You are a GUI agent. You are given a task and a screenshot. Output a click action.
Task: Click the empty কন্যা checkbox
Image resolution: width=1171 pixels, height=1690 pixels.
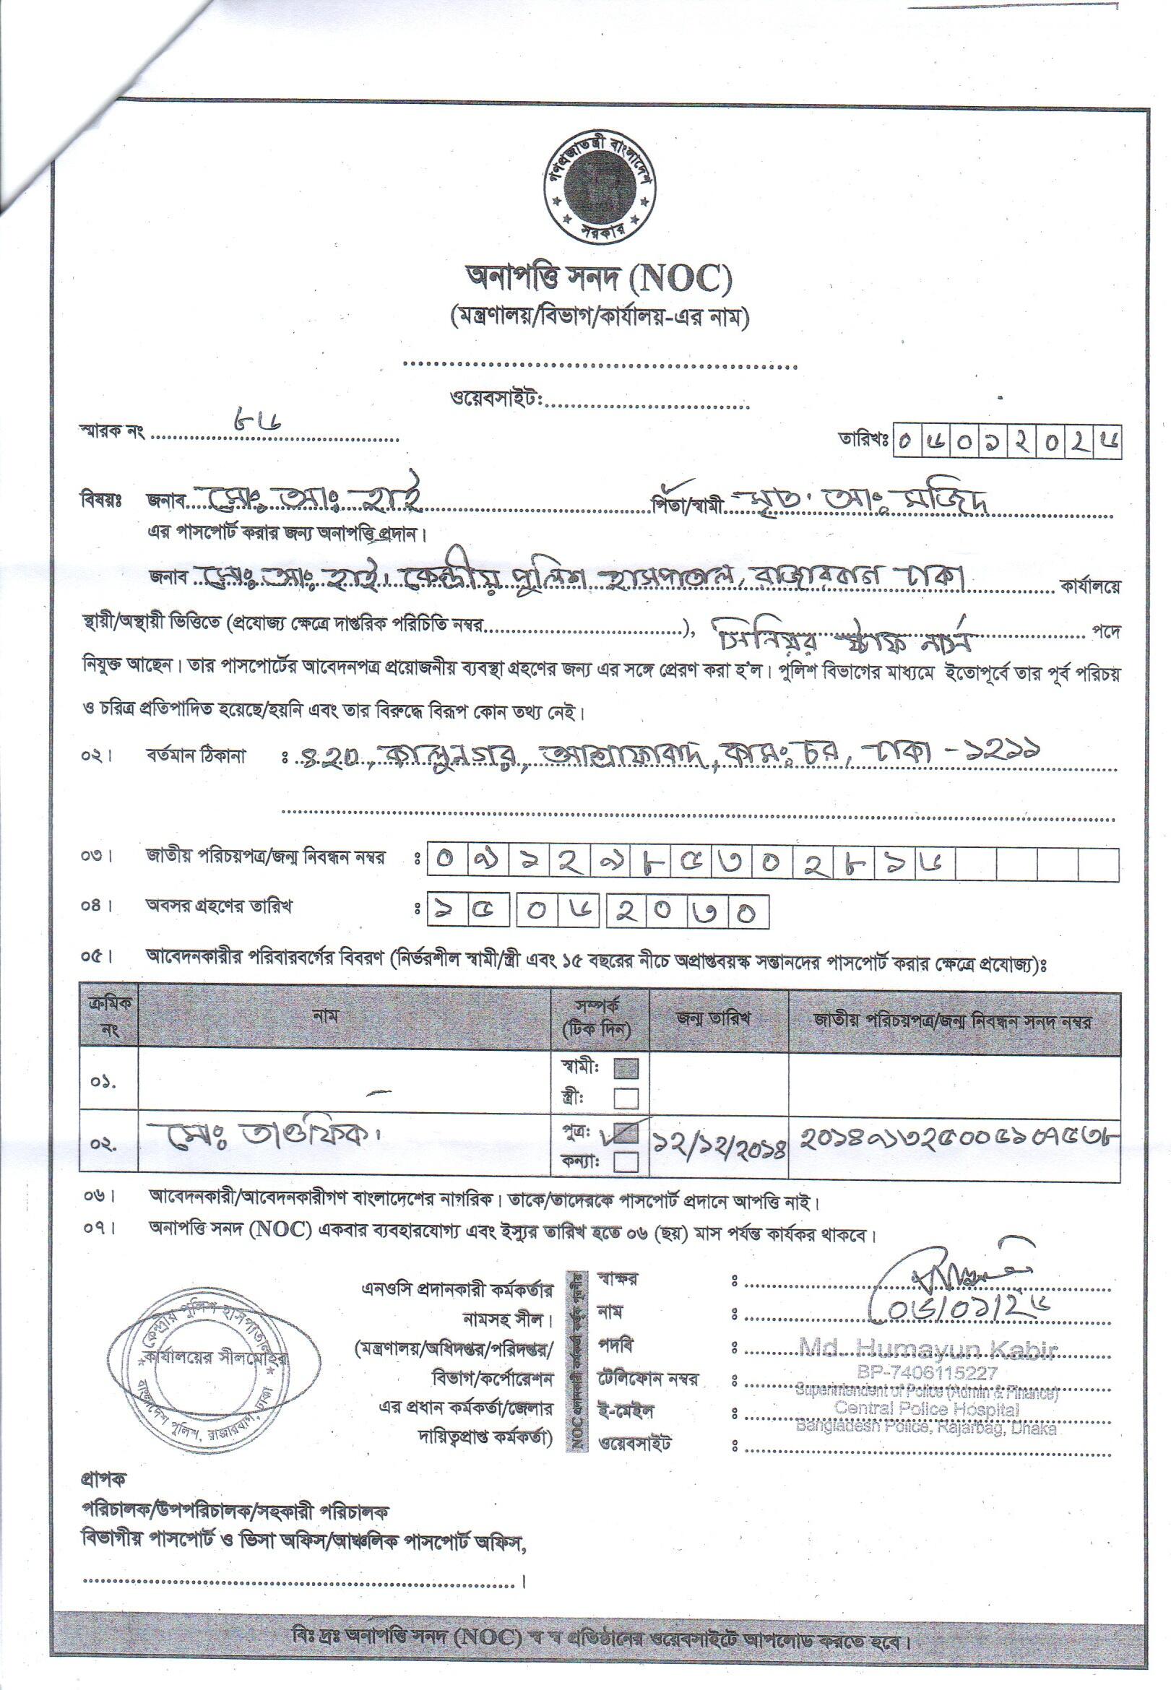click(626, 1161)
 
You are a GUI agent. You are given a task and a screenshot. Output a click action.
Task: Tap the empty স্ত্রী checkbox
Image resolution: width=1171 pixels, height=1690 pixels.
click(626, 1098)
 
